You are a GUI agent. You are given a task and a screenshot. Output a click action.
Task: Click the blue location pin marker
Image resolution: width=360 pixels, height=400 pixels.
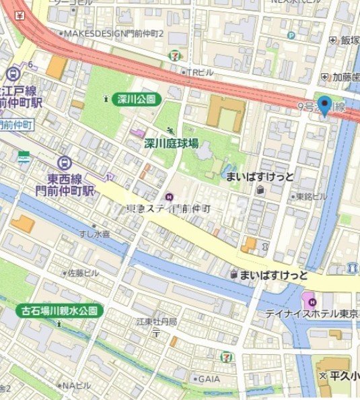tap(325, 106)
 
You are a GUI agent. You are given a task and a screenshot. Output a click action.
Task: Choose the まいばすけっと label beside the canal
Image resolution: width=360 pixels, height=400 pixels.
tap(275, 275)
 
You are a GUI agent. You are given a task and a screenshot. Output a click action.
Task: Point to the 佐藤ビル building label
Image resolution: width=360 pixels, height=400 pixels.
tap(83, 273)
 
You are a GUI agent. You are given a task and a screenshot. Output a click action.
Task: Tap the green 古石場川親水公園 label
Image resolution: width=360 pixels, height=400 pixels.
tap(60, 311)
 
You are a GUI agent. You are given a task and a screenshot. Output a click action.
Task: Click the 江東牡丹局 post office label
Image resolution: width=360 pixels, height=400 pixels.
tap(156, 322)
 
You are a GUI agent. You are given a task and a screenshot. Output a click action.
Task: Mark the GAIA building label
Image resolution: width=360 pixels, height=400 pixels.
tap(206, 378)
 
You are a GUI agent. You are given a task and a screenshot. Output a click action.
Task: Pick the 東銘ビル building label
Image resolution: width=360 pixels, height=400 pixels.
tap(311, 197)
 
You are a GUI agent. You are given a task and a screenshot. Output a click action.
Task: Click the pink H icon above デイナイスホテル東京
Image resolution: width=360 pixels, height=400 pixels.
tap(308, 297)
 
